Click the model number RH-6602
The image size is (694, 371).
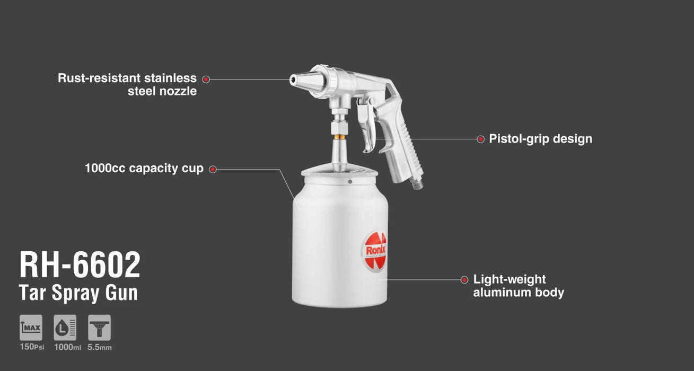tap(80, 264)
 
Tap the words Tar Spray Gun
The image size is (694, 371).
tap(78, 293)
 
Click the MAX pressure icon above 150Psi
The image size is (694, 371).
tap(31, 328)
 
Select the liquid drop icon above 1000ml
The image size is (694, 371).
tap(65, 328)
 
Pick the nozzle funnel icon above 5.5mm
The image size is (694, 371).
tap(99, 328)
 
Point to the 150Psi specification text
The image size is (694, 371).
tap(32, 347)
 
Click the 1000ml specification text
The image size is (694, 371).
tap(67, 347)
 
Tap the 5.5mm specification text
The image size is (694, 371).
tap(100, 347)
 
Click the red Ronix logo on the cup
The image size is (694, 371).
tap(375, 251)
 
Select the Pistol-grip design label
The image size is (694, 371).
tap(541, 139)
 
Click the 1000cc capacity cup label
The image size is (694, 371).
tap(144, 168)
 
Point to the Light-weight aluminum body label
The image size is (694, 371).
tap(519, 286)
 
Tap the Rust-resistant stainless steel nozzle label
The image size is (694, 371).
tap(127, 85)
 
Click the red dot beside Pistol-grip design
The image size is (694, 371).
tap(480, 139)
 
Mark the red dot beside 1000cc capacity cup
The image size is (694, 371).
tap(213, 170)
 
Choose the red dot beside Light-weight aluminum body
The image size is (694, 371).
tap(464, 280)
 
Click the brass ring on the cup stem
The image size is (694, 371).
tap(339, 137)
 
